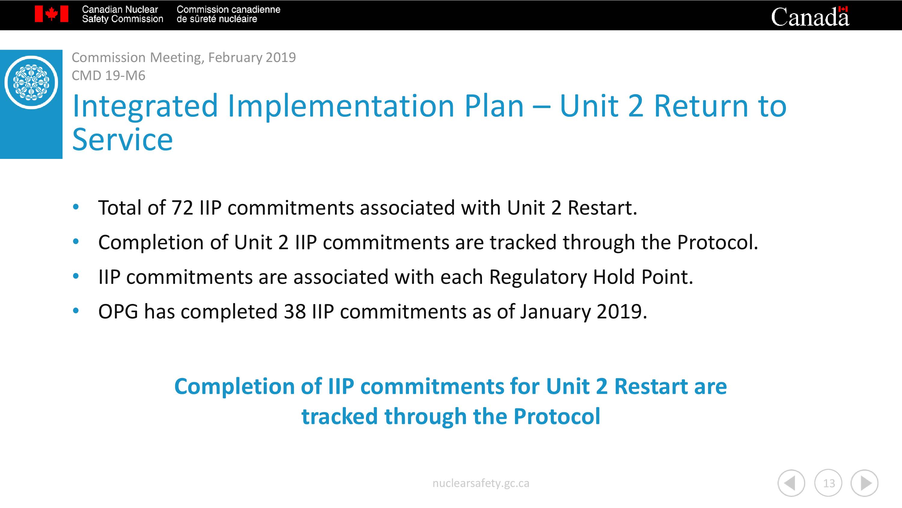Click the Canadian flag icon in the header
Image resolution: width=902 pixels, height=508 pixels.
point(51,14)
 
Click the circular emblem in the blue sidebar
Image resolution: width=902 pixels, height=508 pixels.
point(31,82)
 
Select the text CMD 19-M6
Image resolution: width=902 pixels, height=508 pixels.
point(108,75)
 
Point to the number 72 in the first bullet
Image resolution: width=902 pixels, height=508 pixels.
point(182,208)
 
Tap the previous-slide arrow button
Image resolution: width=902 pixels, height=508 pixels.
point(791,483)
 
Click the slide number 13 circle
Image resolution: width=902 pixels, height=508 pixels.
point(828,483)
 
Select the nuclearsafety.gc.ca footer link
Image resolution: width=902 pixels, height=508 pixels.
point(481,483)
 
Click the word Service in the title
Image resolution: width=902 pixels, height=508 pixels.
point(123,140)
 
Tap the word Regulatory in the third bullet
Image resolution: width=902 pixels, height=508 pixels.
point(538,277)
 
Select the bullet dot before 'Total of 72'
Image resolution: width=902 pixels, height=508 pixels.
point(76,207)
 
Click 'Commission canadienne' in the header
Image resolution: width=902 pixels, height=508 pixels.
point(228,9)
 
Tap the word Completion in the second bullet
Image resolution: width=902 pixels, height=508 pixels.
point(151,242)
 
